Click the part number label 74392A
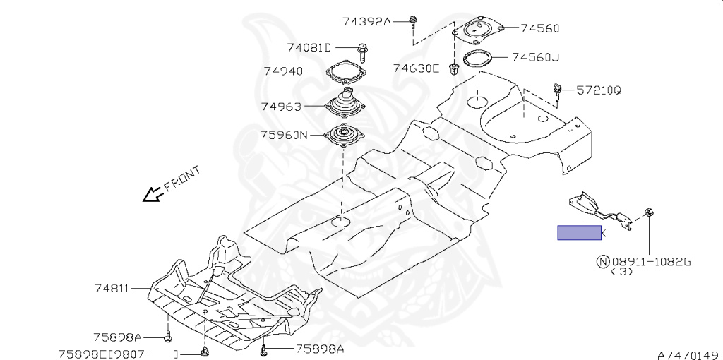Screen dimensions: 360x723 point(367,21)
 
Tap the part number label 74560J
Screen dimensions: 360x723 point(535,57)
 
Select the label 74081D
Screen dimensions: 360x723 point(309,48)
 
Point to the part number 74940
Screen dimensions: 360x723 point(283,71)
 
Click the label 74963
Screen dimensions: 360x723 point(281,107)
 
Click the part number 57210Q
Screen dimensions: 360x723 point(598,90)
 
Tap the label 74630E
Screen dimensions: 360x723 point(417,68)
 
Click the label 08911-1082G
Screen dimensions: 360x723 point(650,261)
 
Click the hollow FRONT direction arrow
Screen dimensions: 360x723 point(150,195)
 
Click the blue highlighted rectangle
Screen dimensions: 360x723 point(579,232)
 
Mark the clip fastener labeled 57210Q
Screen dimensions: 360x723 point(558,90)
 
